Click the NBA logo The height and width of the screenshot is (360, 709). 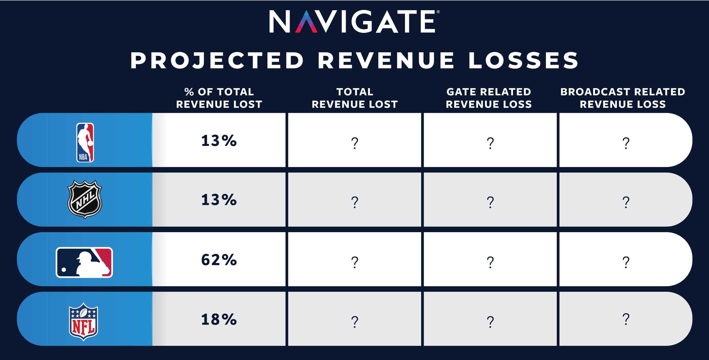pos(85,142)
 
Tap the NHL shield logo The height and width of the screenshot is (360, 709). pos(85,199)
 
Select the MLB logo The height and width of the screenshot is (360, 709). pos(84,262)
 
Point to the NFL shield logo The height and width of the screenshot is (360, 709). pos(83,321)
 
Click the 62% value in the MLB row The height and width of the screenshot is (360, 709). pos(219,260)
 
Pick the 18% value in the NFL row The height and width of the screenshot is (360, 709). pos(219,319)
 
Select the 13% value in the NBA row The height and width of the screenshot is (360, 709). pos(219,141)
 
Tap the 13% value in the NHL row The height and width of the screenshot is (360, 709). pos(219,200)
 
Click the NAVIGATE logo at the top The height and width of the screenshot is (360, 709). pos(354,22)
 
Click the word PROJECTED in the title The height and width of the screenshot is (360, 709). pos(217,60)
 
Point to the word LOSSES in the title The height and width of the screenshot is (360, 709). pos(523,60)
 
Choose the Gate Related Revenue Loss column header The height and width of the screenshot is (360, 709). pos(489,98)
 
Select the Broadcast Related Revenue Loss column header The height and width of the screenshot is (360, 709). pos(623,98)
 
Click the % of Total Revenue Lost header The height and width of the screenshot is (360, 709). pos(219,98)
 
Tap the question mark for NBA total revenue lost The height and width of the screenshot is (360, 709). pos(354,143)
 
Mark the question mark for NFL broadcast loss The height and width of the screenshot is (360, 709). pos(626,319)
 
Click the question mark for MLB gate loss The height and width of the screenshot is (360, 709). pos(490,262)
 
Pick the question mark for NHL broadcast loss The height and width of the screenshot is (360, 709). pos(626,202)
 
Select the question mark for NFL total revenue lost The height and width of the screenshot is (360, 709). pos(354,322)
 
